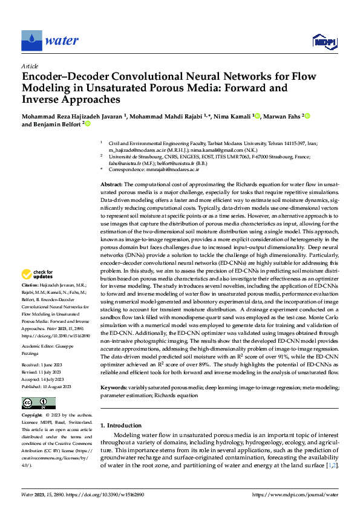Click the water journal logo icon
click(x=31, y=41)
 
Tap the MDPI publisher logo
click(x=324, y=41)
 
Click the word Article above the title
click(x=30, y=66)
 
